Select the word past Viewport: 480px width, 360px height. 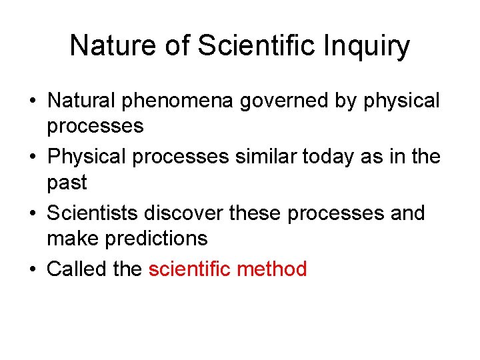tap(67, 182)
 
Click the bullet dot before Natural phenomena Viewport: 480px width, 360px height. tap(32, 102)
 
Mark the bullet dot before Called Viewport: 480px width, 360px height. tap(32, 270)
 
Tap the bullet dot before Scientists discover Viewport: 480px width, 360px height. tap(32, 214)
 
